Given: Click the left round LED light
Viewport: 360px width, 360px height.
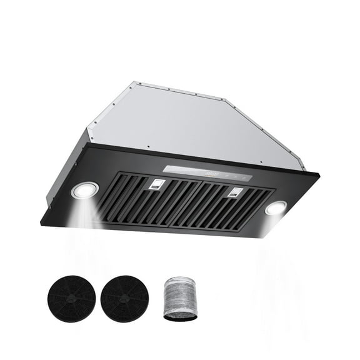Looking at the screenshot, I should coord(84,191).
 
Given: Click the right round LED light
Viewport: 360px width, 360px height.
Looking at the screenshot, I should coord(275,208).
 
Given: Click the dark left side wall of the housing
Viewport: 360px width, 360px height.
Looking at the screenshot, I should coord(66,172).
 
